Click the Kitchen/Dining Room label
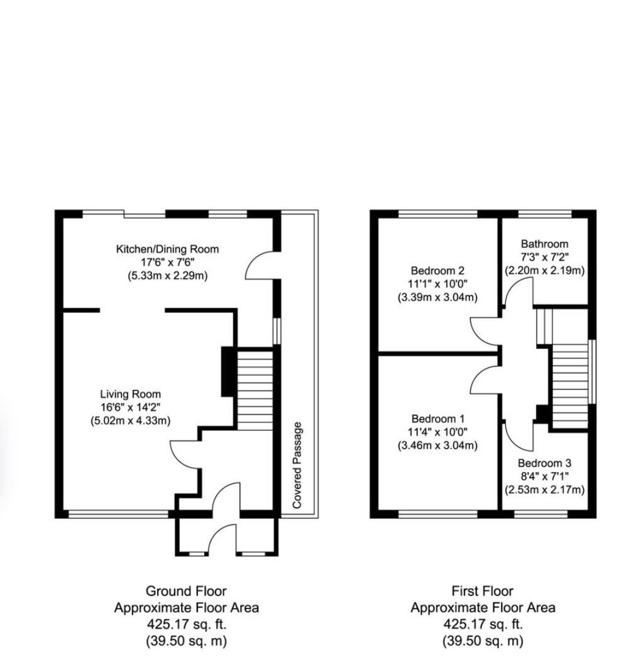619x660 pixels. [168, 249]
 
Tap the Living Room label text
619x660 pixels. [131, 394]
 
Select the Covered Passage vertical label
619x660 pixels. [297, 465]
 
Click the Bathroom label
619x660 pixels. [544, 244]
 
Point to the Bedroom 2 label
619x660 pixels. [437, 271]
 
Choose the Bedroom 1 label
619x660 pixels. [437, 419]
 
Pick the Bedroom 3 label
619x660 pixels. [544, 463]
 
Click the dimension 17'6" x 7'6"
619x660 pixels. [168, 262]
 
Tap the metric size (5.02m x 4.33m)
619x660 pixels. [131, 421]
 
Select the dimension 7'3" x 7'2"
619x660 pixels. [544, 256]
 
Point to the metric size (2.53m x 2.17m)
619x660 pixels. [544, 490]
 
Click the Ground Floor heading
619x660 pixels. [186, 591]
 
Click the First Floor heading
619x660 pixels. [482, 591]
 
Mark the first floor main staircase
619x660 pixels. [570, 387]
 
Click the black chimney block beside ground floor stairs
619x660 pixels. [229, 371]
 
